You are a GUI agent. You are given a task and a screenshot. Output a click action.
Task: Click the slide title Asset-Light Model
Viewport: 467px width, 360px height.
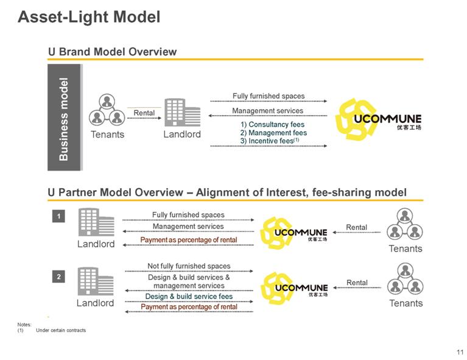pos(89,17)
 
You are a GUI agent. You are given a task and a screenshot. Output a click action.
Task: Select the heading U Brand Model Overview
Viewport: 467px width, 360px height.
pos(112,52)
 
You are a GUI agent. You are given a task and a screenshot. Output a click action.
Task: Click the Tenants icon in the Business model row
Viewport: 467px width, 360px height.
pos(107,110)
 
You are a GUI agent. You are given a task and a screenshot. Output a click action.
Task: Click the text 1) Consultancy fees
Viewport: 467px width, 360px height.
pos(272,124)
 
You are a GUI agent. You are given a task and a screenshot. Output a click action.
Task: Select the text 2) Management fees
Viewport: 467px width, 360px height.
pos(273,133)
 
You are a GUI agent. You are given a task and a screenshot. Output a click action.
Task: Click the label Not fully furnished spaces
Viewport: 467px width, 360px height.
pos(189,266)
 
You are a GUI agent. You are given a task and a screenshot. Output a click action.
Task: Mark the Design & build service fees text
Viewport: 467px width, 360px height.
pos(189,297)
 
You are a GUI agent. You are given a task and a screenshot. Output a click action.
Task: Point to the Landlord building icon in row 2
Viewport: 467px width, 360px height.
pos(96,282)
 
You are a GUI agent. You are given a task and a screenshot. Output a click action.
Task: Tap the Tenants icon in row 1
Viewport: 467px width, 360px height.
pos(405,224)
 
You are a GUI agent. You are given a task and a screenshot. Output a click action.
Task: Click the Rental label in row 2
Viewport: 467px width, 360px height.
pos(357,283)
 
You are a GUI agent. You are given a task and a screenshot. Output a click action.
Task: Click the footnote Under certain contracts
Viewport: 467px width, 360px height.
pos(61,330)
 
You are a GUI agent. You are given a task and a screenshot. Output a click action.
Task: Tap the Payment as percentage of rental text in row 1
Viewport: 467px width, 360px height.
pos(189,240)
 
